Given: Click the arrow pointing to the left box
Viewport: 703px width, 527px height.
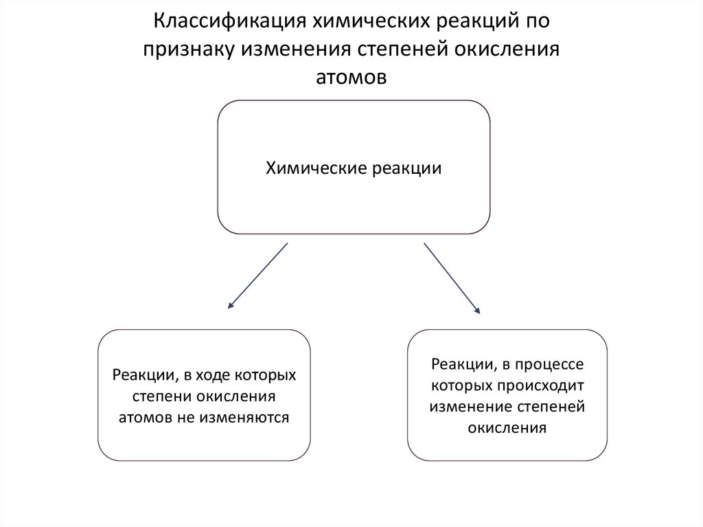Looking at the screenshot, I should point(257,274).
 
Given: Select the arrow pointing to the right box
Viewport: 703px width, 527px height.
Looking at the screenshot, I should point(452,278).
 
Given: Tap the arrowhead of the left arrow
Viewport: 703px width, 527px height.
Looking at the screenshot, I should point(229,304).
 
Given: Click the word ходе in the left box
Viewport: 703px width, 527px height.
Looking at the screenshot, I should point(210,376).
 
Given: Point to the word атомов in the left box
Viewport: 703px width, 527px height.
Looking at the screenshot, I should point(144,417).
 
